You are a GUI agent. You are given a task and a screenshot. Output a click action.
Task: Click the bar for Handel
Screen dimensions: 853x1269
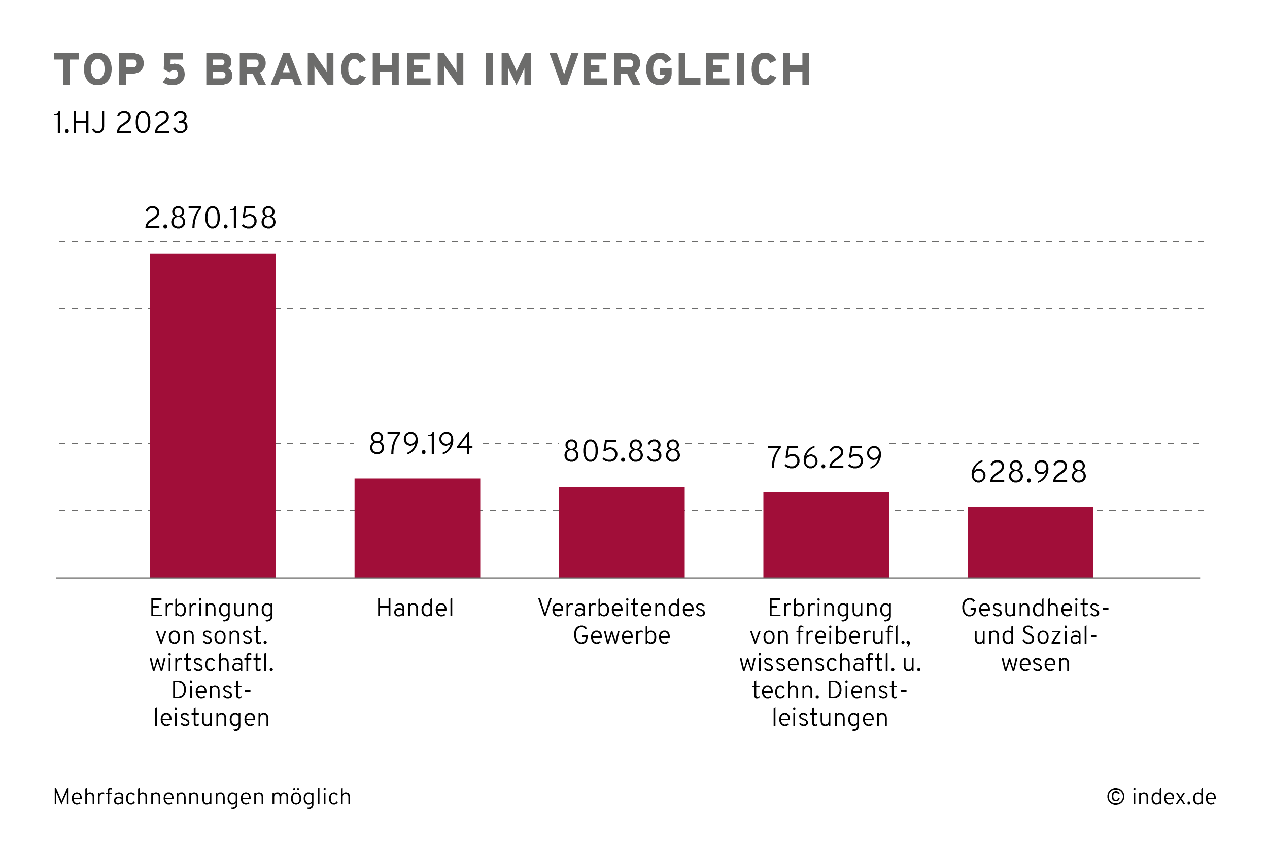click(417, 528)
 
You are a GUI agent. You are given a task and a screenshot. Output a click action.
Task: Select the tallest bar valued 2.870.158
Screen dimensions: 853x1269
click(213, 415)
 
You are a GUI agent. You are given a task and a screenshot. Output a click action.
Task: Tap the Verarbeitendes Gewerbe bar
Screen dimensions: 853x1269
click(622, 532)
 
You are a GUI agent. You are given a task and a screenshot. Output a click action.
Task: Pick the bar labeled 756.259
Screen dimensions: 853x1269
click(826, 535)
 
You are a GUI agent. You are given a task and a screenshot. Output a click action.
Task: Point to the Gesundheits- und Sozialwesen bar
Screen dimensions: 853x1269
click(1030, 542)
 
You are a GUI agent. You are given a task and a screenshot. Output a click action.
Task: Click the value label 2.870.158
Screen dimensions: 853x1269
click(210, 218)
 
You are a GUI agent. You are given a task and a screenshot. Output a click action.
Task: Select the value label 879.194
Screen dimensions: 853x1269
click(421, 443)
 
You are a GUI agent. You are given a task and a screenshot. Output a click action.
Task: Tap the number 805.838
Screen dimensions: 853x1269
click(622, 451)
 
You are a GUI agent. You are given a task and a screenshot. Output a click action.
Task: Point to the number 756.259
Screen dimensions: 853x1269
click(824, 457)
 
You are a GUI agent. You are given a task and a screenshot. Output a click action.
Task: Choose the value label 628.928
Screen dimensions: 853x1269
click(1028, 472)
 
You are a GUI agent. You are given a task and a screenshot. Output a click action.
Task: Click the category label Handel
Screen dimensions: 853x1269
click(415, 608)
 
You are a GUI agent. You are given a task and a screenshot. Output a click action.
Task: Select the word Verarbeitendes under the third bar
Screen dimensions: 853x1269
click(622, 608)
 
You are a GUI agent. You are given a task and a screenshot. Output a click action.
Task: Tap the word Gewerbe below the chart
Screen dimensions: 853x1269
click(622, 635)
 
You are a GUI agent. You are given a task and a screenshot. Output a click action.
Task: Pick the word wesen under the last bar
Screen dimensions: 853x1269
click(1035, 663)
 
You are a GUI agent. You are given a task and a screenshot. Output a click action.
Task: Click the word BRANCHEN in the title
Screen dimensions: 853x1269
click(335, 70)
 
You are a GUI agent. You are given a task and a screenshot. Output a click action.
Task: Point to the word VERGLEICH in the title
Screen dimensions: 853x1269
click(680, 70)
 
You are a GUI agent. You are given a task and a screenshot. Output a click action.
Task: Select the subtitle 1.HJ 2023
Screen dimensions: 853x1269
click(120, 122)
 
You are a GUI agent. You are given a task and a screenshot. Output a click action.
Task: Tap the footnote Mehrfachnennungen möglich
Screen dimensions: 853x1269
click(202, 797)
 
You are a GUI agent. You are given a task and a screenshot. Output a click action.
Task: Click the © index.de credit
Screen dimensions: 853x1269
click(1161, 797)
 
